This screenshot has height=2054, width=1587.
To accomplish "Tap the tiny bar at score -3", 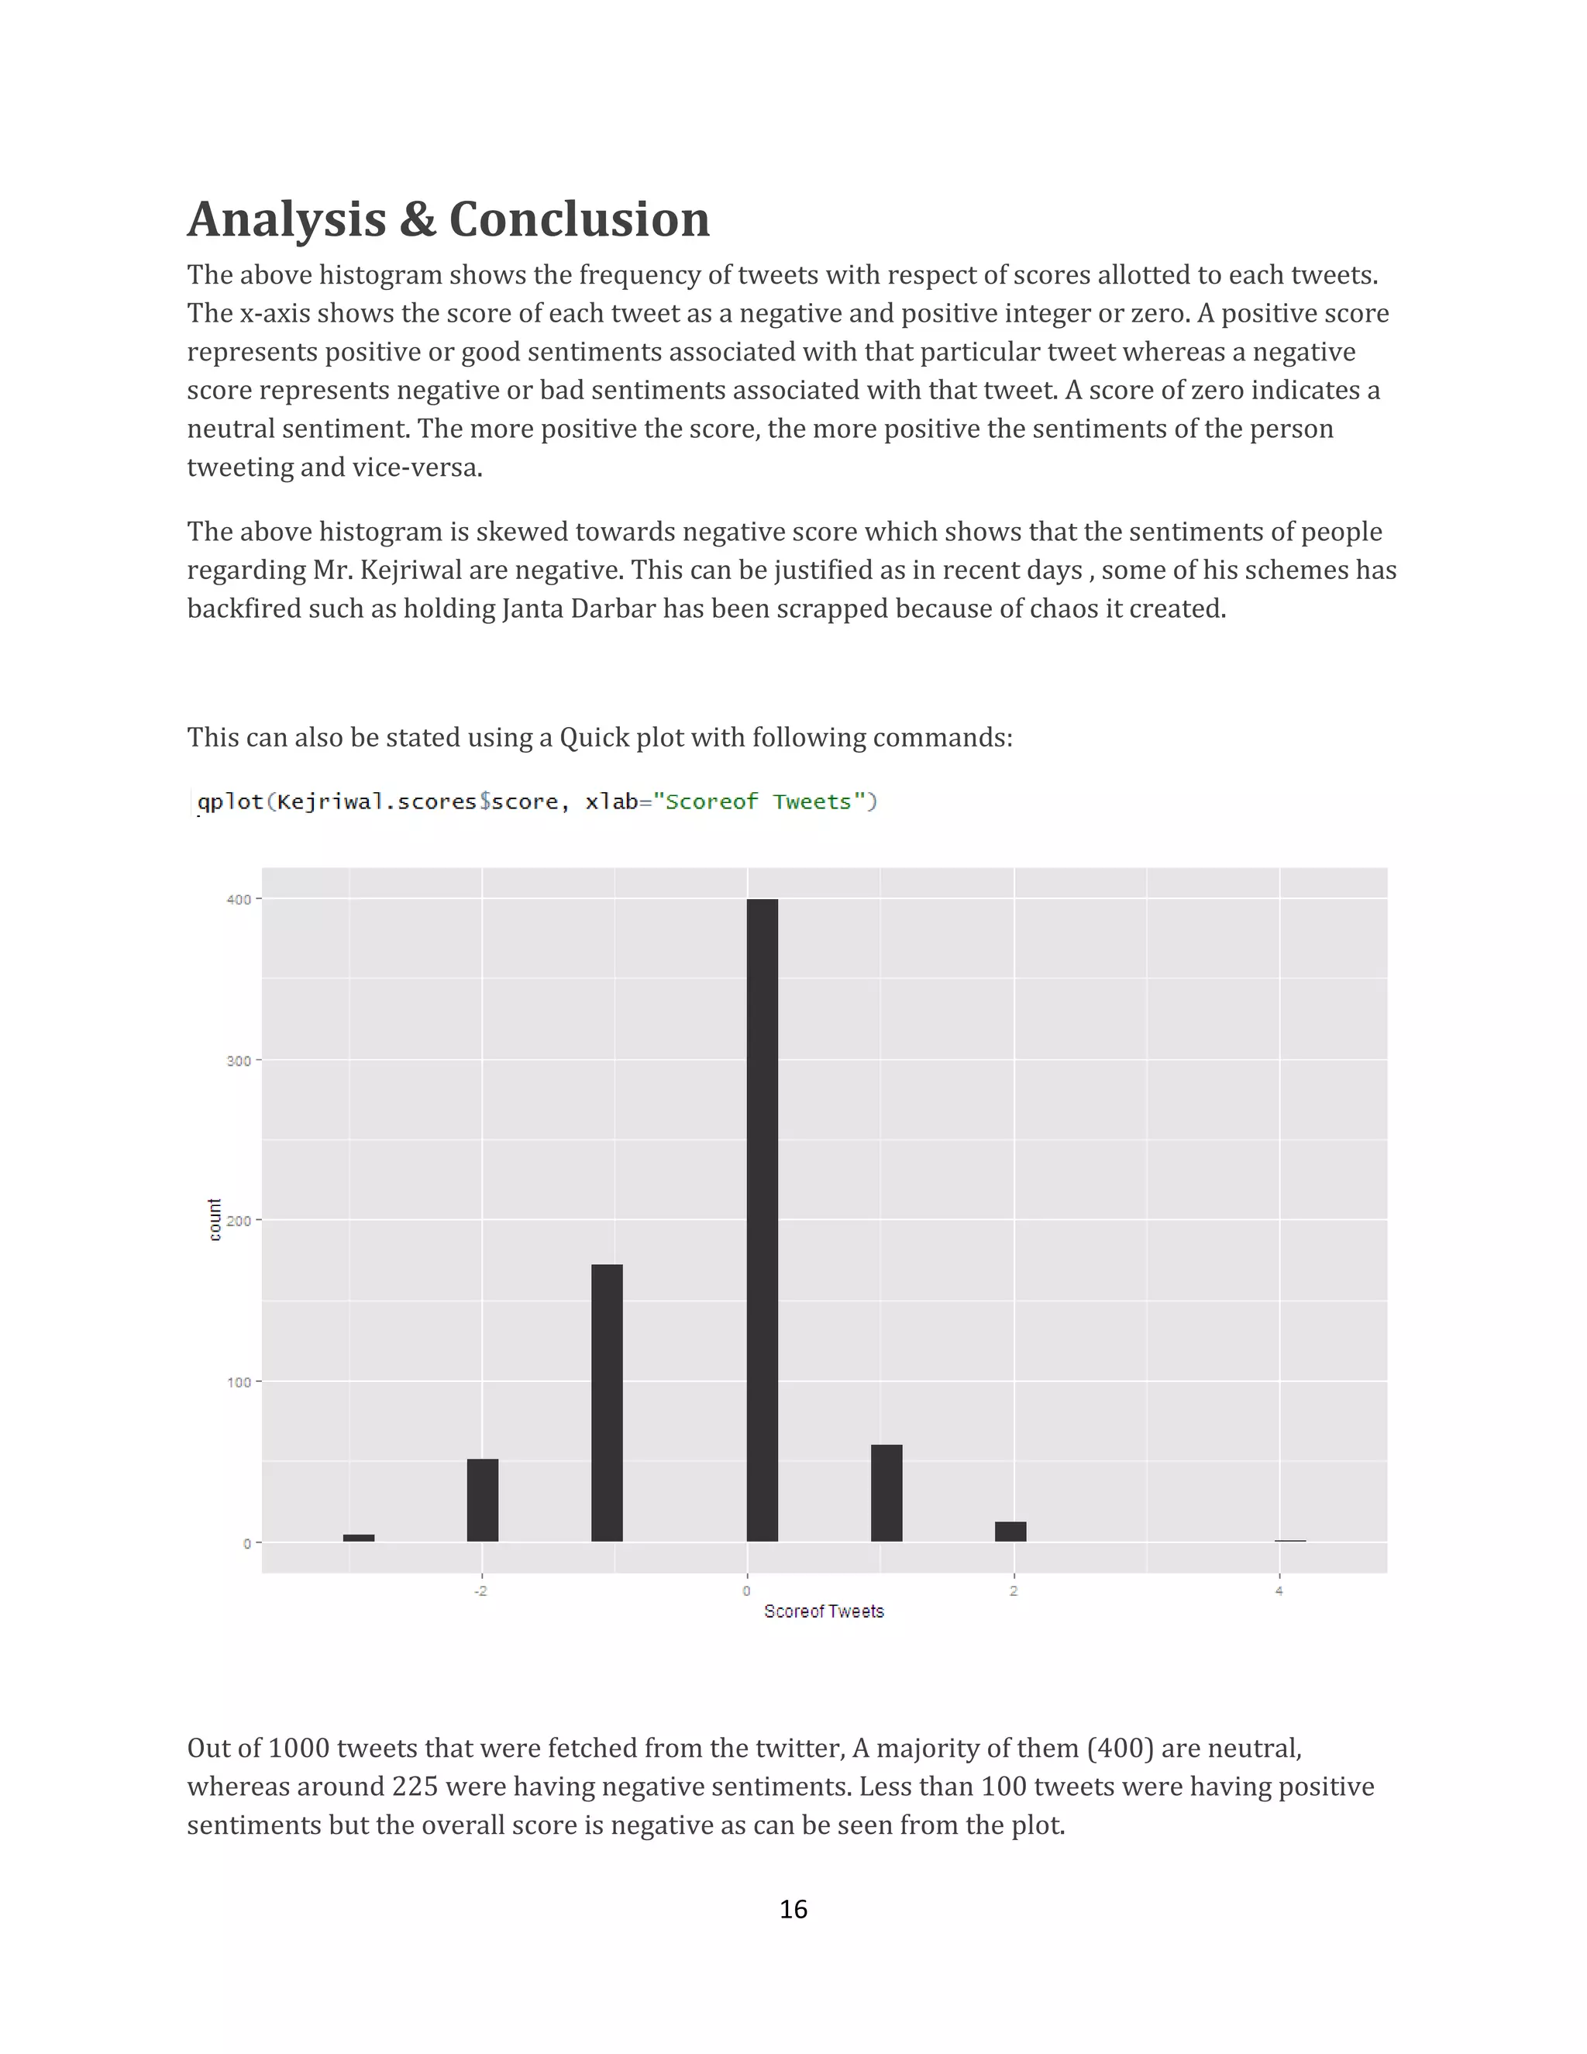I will [358, 1538].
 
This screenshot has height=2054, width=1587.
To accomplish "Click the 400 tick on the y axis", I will [239, 900].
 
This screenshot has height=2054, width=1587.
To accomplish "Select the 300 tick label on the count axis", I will [239, 1061].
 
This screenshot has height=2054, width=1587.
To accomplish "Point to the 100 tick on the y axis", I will [239, 1383].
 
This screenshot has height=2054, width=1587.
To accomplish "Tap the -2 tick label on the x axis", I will [480, 1591].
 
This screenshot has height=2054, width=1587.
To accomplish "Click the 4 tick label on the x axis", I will [1279, 1591].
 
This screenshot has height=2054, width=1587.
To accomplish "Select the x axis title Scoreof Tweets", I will [824, 1612].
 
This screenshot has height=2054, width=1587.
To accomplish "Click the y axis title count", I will [215, 1220].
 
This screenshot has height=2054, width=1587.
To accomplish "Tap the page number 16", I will [793, 1909].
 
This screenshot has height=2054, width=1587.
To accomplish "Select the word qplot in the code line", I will [230, 801].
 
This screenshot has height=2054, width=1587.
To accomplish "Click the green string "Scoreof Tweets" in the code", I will [758, 801].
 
